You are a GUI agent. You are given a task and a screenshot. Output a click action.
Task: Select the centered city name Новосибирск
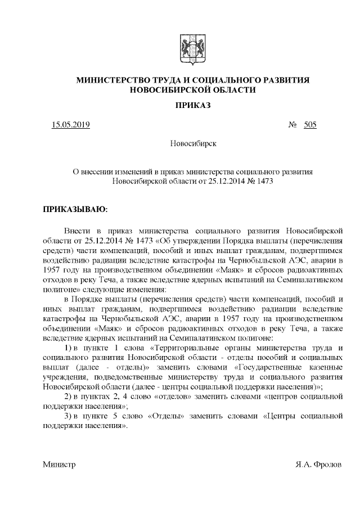click(x=193, y=145)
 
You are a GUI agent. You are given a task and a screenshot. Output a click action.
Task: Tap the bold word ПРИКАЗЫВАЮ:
click(x=75, y=210)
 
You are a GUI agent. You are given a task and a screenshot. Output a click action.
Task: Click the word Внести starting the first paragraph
click(x=77, y=231)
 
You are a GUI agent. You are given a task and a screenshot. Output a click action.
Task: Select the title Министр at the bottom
click(x=59, y=465)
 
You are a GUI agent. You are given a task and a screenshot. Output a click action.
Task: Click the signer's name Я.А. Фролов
click(x=318, y=465)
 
